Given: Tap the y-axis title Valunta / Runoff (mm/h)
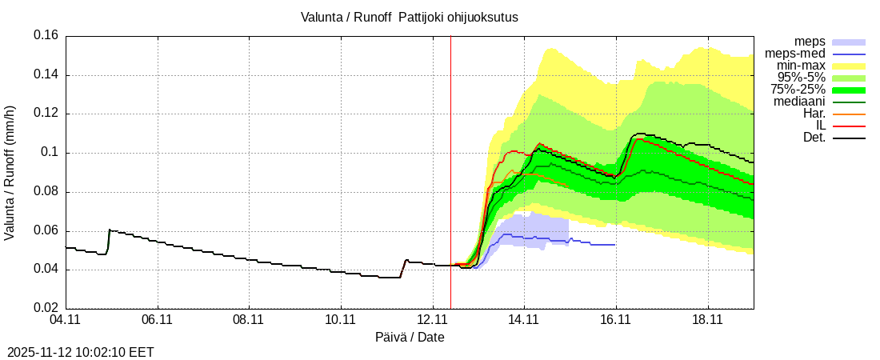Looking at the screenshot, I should pyautogui.click(x=10, y=172).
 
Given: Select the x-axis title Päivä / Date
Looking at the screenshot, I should pyautogui.click(x=410, y=337).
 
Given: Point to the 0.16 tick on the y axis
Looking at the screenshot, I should pyautogui.click(x=46, y=36).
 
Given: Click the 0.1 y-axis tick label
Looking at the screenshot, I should pyautogui.click(x=50, y=153).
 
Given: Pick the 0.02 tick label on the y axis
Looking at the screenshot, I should pyautogui.click(x=46, y=308).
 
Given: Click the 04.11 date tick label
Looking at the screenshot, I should pyautogui.click(x=66, y=319).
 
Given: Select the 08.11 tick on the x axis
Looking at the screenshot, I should pyautogui.click(x=249, y=319).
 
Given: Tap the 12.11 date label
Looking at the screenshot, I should pyautogui.click(x=432, y=319).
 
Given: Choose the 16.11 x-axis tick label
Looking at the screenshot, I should pyautogui.click(x=615, y=319).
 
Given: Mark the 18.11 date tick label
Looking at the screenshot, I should pyautogui.click(x=707, y=319).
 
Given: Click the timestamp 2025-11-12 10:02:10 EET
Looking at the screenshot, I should pyautogui.click(x=80, y=351).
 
